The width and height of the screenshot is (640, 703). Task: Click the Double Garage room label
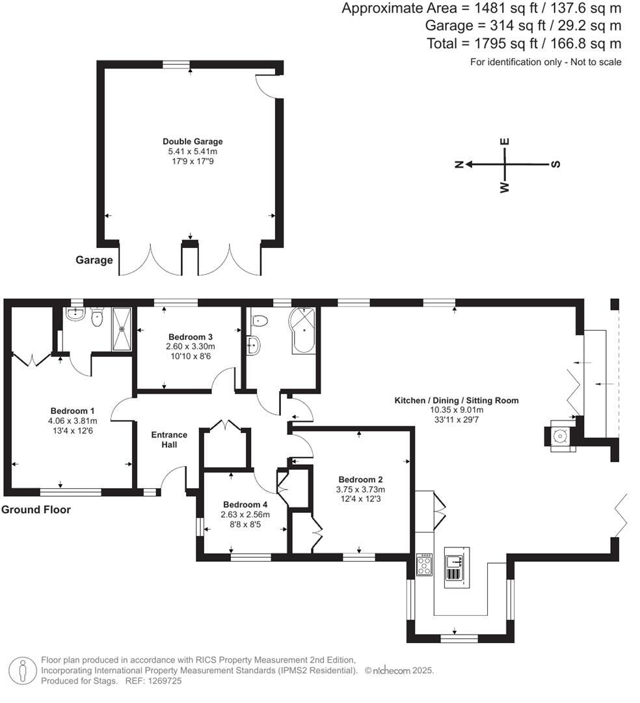[x=192, y=141]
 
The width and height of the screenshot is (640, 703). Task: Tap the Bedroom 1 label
[x=73, y=411]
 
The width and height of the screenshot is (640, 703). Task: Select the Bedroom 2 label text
[x=351, y=480]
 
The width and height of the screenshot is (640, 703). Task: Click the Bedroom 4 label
[x=245, y=504]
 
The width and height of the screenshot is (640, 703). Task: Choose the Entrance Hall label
[x=169, y=439]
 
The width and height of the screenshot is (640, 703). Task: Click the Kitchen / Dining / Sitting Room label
[x=456, y=400]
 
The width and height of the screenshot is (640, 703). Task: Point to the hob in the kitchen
[x=424, y=564]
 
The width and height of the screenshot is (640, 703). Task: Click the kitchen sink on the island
[x=455, y=559]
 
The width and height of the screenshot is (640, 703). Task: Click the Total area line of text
[x=524, y=44]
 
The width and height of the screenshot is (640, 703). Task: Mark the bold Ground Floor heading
[x=36, y=510]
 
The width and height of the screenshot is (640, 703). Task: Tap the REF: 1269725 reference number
[x=157, y=681]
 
